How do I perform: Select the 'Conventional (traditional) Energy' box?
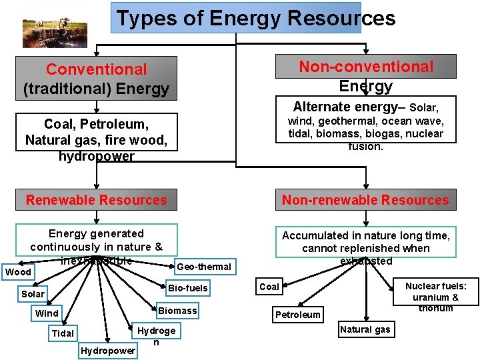pyautogui.click(x=97, y=79)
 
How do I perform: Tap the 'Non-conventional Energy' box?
pyautogui.click(x=366, y=76)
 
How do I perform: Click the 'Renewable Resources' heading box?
pyautogui.click(x=97, y=200)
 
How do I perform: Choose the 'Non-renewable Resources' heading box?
pyautogui.click(x=365, y=200)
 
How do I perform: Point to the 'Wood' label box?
pyautogui.click(x=18, y=272)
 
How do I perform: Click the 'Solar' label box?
pyautogui.click(x=33, y=294)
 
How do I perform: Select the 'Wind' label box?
pyautogui.click(x=47, y=313)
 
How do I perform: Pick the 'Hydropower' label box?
pyautogui.click(x=107, y=351)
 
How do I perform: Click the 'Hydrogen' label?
pyautogui.click(x=156, y=335)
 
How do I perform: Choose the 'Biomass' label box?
pyautogui.click(x=177, y=311)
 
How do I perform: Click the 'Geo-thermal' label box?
pyautogui.click(x=204, y=267)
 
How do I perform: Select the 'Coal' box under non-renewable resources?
pyautogui.click(x=269, y=287)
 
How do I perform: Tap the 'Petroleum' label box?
pyautogui.click(x=298, y=315)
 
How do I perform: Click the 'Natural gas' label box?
pyautogui.click(x=365, y=329)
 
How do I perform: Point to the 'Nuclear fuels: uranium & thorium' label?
pyautogui.click(x=436, y=297)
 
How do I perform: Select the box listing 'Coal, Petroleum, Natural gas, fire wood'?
pyautogui.click(x=97, y=139)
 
